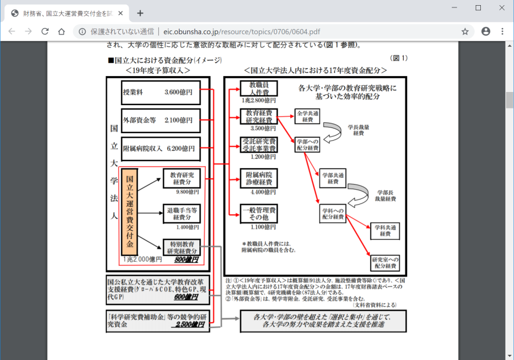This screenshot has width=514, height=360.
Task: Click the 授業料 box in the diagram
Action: point(161,91)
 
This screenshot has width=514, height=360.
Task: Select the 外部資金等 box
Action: point(161,120)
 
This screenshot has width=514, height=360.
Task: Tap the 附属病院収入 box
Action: point(161,149)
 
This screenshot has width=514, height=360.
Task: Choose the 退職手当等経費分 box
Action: point(182,213)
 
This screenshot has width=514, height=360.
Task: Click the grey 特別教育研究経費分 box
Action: point(182,247)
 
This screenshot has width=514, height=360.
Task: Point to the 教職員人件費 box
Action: point(259,88)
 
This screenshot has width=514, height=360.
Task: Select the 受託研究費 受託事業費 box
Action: point(259,144)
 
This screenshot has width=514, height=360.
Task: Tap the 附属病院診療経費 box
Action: point(259,178)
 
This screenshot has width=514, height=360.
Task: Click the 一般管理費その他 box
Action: point(259,214)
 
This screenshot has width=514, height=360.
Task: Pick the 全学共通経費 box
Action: point(307,117)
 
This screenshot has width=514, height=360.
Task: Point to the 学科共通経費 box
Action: point(385,231)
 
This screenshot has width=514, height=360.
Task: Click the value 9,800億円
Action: point(187,192)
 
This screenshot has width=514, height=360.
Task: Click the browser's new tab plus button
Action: point(140,13)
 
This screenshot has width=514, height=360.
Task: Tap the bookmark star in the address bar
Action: point(465,31)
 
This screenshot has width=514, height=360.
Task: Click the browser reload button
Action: point(45,31)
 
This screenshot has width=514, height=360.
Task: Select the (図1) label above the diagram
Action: point(398,58)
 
